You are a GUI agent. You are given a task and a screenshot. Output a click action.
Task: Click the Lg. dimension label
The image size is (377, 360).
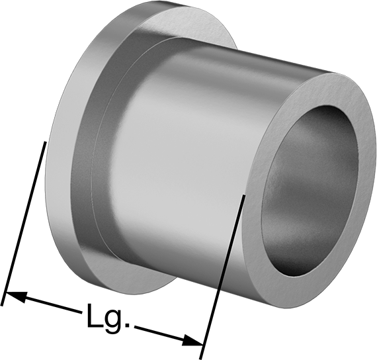(x=108, y=319)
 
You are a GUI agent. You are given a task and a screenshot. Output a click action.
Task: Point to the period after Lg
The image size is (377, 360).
(x=128, y=326)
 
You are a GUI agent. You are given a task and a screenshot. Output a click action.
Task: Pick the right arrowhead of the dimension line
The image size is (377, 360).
(x=192, y=341)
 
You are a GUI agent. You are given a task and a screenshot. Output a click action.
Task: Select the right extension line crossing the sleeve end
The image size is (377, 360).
(x=222, y=277)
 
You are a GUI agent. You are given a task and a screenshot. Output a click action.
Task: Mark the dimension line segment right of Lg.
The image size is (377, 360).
(x=168, y=336)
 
